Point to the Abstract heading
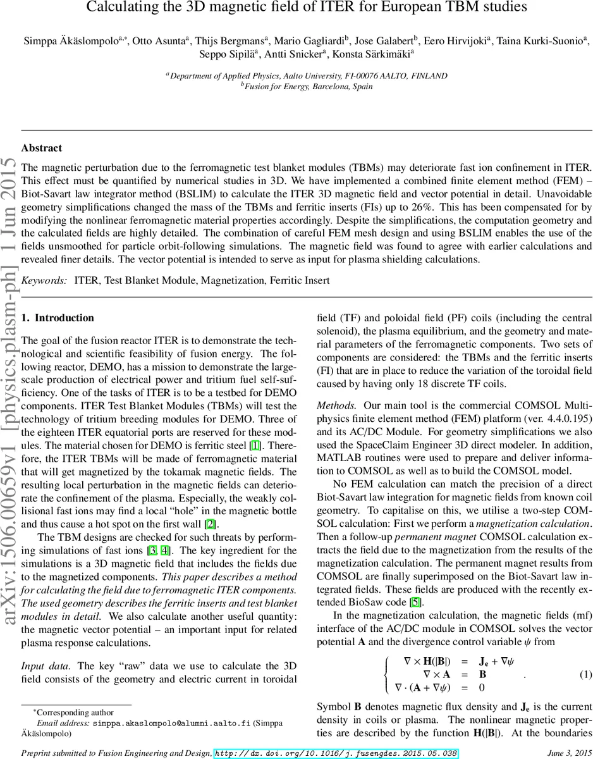coord(42,148)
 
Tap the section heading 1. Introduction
coord(58,318)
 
